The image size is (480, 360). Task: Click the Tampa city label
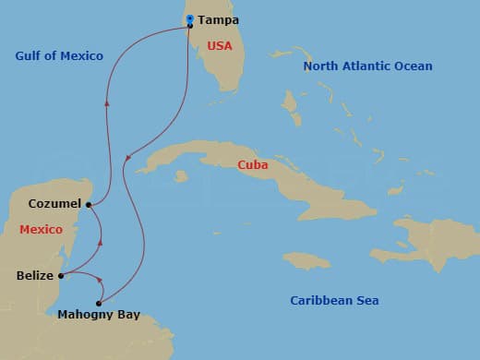[218, 18]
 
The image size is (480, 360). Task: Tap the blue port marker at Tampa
[189, 18]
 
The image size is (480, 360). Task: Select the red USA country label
[219, 45]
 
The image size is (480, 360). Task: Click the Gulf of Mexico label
[59, 56]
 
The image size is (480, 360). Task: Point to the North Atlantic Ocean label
[368, 66]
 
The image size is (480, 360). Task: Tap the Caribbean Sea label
[334, 301]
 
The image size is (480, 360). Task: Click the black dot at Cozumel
[88, 204]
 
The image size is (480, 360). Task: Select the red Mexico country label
[40, 229]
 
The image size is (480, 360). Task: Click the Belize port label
[35, 275]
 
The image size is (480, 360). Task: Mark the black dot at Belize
[61, 275]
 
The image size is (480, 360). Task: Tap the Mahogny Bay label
[99, 315]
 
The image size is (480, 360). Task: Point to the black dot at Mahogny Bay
[98, 303]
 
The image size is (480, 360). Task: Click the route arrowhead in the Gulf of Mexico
[108, 103]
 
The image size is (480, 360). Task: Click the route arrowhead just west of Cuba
[127, 159]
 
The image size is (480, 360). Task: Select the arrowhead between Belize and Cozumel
[100, 242]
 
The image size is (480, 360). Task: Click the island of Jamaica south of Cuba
[306, 261]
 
